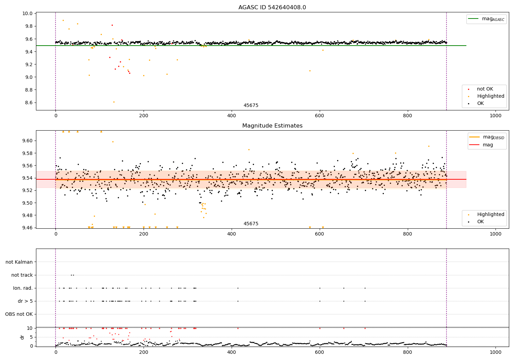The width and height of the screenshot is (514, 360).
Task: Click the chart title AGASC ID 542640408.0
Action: (x=272, y=8)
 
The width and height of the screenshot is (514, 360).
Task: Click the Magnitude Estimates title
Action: (x=272, y=126)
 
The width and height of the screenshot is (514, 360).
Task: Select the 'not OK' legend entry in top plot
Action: (x=485, y=89)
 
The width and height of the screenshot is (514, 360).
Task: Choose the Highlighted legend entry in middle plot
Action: (x=490, y=215)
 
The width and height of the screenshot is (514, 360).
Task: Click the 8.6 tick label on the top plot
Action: (x=28, y=103)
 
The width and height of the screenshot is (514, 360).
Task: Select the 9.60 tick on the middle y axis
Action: (x=27, y=141)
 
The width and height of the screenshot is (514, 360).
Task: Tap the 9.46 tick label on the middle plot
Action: (x=27, y=228)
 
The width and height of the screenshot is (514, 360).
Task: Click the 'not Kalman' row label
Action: (x=19, y=262)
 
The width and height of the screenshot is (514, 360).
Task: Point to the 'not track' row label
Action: (x=22, y=275)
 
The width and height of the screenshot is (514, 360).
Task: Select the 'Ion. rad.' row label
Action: (x=23, y=288)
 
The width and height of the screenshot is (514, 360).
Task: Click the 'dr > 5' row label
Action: (x=25, y=301)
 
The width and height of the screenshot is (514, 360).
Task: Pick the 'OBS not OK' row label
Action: (x=19, y=314)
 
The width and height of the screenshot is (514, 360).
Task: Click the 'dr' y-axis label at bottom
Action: (x=22, y=337)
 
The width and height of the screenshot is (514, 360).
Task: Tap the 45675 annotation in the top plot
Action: (x=251, y=106)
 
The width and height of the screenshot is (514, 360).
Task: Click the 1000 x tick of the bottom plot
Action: (x=495, y=352)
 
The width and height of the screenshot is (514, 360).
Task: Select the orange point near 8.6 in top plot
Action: (x=114, y=102)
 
